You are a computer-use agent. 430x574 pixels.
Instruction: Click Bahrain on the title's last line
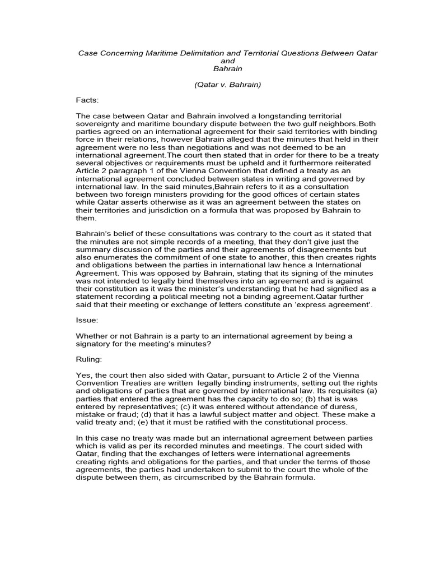click(227, 68)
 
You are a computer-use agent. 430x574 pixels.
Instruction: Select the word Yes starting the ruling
click(83, 374)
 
